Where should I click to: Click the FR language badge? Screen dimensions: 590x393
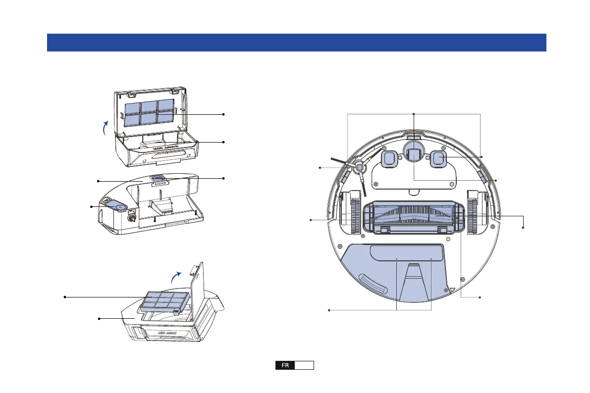[x=285, y=366]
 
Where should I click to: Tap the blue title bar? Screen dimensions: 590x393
[x=296, y=43]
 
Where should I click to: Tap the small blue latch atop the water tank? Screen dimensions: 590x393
[x=159, y=178]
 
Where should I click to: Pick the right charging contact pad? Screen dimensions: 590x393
[x=438, y=159]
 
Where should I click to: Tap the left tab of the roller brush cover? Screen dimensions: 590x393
[x=383, y=229]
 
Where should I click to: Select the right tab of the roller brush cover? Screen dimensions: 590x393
[x=440, y=229]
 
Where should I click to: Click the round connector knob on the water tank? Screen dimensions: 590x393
[x=132, y=216]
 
